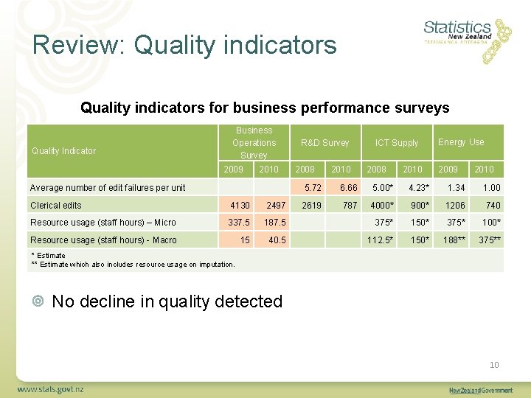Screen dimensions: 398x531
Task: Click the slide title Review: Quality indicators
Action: (x=184, y=45)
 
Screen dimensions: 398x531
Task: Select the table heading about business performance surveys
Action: (x=265, y=108)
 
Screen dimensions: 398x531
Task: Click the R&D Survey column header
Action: (x=324, y=142)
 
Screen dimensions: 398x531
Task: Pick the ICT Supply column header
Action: (x=396, y=142)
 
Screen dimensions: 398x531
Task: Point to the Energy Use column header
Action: (x=461, y=142)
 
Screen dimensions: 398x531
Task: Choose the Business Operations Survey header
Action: (x=254, y=142)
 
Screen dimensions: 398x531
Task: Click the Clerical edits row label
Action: (x=56, y=205)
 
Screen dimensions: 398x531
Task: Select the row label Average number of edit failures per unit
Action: (x=108, y=187)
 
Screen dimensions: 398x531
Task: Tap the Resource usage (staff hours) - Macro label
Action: (x=103, y=240)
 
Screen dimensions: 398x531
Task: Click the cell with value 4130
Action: (x=240, y=205)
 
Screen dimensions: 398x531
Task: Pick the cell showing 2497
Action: (x=276, y=205)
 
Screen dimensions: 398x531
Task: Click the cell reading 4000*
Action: (x=382, y=205)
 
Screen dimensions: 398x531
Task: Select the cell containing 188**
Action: (x=453, y=240)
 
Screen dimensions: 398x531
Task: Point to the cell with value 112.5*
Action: (x=381, y=240)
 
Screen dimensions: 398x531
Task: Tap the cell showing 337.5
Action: (x=239, y=222)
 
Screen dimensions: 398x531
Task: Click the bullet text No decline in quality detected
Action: (x=167, y=301)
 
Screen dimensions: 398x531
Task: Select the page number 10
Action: (x=494, y=365)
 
